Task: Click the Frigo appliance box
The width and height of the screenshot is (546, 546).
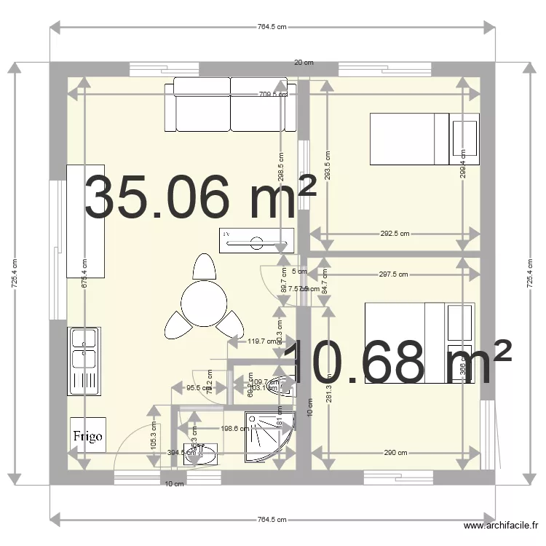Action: click(88, 436)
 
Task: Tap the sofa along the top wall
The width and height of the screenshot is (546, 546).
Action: click(231, 106)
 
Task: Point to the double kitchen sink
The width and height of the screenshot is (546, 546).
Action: click(84, 361)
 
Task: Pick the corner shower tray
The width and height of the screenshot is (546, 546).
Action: click(269, 434)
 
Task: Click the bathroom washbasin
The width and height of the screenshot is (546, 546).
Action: click(199, 454)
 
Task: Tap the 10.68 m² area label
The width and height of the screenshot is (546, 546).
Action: click(397, 362)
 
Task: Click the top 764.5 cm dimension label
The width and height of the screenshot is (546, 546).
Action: click(272, 27)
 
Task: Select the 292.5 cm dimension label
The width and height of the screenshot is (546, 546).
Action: click(395, 234)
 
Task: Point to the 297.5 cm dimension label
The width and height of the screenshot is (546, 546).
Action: click(392, 274)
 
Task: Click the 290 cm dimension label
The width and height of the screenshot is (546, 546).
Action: click(396, 453)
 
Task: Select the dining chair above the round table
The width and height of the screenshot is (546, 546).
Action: click(205, 267)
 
